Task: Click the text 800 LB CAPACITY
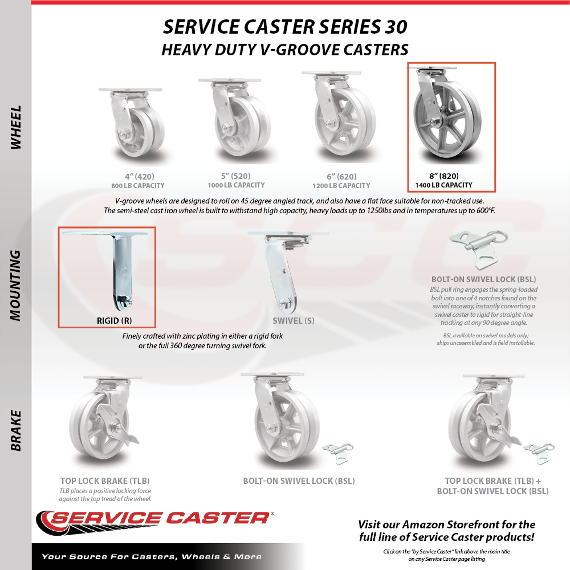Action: tap(138, 186)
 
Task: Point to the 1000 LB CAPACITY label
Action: tap(236, 185)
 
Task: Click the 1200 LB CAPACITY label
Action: tap(341, 186)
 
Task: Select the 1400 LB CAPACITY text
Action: tap(444, 185)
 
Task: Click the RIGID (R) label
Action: tap(115, 321)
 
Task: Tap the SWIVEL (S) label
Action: tap(293, 321)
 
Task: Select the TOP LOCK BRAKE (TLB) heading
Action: tap(105, 481)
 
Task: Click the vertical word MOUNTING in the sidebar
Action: tap(15, 285)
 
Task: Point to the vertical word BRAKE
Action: tap(15, 430)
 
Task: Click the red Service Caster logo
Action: tap(155, 523)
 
